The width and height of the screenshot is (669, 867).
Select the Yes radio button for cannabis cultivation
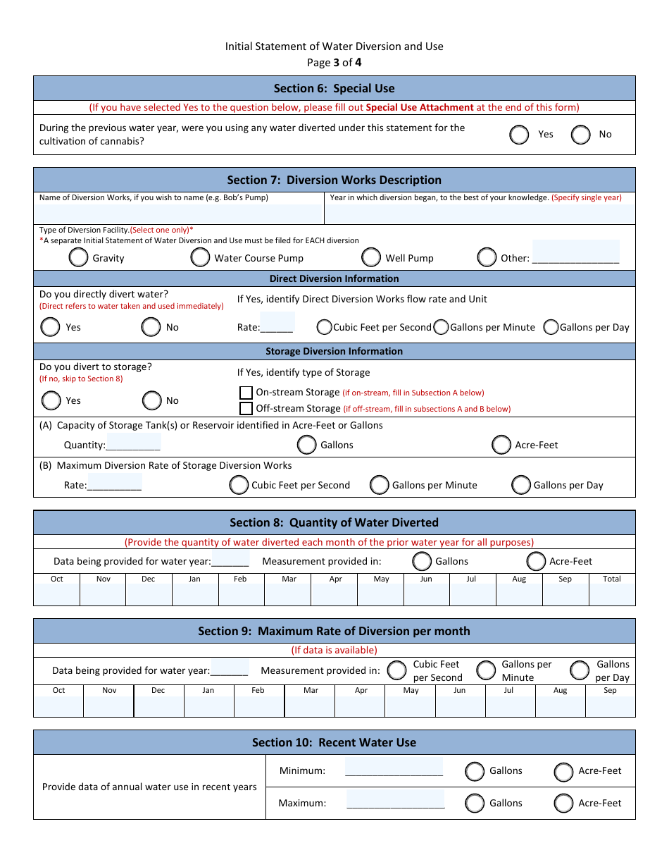(x=519, y=135)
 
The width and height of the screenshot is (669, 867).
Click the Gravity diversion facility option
(x=79, y=258)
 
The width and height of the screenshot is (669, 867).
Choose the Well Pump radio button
(x=372, y=258)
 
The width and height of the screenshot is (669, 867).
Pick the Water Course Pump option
(x=200, y=258)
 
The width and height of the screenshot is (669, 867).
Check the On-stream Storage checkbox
(x=246, y=393)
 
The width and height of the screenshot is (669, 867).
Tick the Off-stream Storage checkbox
(x=246, y=409)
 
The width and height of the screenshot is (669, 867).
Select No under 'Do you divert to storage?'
(x=152, y=401)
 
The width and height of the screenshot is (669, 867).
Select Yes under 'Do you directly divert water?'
(x=51, y=327)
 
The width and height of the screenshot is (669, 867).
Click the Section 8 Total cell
(x=612, y=594)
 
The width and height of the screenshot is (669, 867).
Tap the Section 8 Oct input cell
(x=57, y=594)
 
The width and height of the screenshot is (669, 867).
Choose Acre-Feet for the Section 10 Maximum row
(x=563, y=804)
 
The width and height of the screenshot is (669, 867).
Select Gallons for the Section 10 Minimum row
(x=475, y=771)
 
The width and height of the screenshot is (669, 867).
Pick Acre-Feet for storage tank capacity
(x=501, y=445)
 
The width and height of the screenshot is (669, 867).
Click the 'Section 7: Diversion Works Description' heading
(x=334, y=180)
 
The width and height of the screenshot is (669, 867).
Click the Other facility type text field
(x=575, y=252)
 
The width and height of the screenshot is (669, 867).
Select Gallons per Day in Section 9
(x=580, y=670)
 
